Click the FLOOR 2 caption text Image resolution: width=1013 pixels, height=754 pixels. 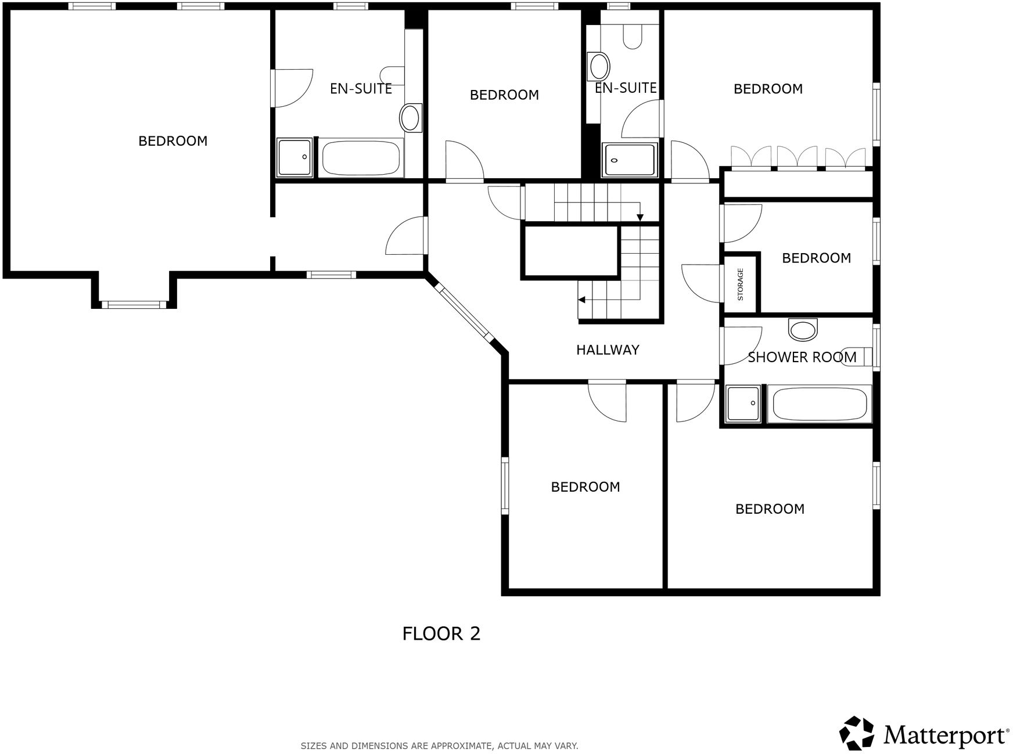441,633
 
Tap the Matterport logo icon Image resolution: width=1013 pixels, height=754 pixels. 856,733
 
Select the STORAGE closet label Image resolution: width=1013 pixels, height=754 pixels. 740,284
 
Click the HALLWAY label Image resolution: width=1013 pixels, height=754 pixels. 607,349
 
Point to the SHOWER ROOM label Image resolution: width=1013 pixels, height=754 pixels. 802,357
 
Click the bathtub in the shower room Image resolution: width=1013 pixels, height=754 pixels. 819,404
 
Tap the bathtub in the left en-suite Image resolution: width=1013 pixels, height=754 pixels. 361,157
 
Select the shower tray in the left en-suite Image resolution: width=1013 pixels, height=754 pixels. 294,157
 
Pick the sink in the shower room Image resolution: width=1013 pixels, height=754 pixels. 803,330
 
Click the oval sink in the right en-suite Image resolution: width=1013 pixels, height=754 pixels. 599,66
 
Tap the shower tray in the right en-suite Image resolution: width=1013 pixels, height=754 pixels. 629,159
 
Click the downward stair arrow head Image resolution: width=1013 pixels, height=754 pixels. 640,218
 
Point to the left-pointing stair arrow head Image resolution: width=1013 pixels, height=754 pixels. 581,300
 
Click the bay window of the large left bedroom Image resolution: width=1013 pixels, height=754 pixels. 134,304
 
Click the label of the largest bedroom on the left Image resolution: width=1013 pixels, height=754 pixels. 173,141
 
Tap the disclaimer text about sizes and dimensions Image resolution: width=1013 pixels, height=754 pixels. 439,746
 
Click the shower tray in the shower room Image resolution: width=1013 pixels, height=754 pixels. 743,403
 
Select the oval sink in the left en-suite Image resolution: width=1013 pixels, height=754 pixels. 410,118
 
